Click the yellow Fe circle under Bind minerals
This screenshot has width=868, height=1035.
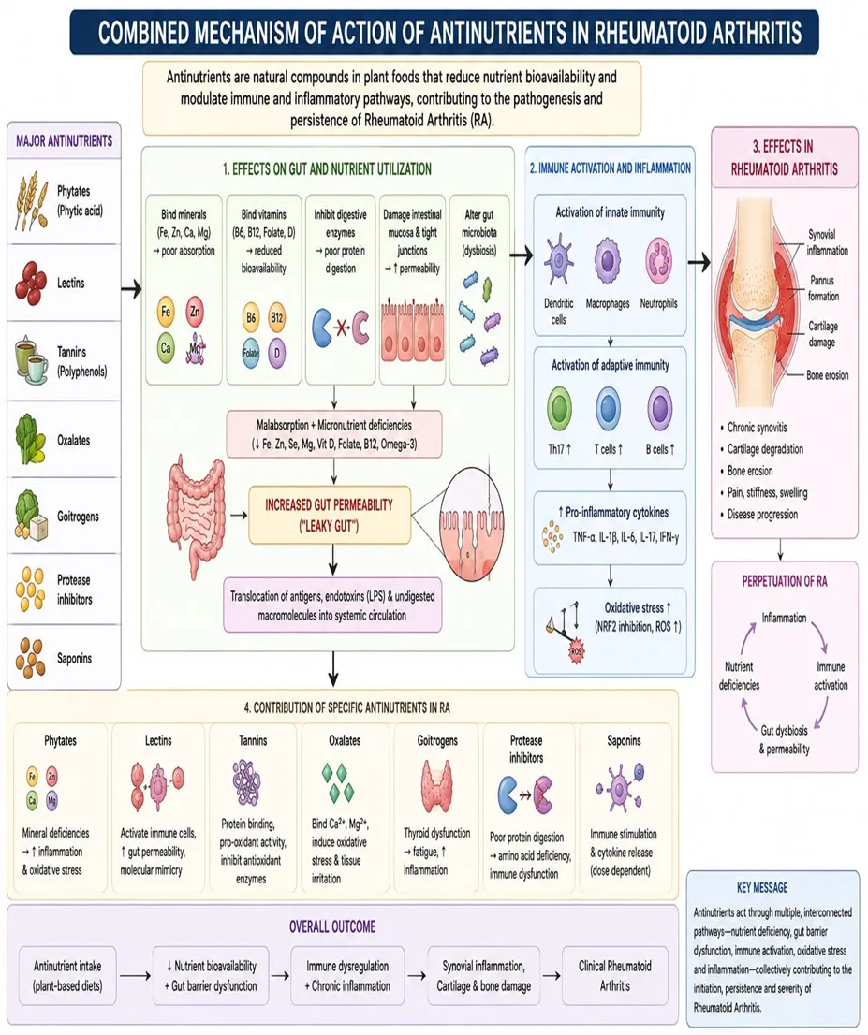(x=166, y=312)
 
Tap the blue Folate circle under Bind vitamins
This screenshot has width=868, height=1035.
(x=251, y=352)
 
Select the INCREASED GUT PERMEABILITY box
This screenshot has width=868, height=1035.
(x=330, y=516)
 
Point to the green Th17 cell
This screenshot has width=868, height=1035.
(x=560, y=408)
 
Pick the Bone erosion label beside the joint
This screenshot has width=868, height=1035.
(x=827, y=375)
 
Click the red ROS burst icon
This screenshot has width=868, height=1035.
(x=576, y=650)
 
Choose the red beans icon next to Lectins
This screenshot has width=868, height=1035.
(x=30, y=283)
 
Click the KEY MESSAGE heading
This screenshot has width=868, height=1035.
(x=761, y=888)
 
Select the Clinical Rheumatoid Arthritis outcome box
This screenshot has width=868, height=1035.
(x=614, y=976)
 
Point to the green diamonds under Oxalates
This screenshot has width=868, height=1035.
(x=338, y=783)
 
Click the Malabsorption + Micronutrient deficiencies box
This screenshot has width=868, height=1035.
(x=333, y=434)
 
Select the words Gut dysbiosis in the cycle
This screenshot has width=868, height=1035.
(x=784, y=730)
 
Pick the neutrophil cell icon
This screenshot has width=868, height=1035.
(x=658, y=261)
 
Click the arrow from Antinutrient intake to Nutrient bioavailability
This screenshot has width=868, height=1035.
(x=136, y=976)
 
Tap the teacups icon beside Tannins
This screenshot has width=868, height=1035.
(x=30, y=362)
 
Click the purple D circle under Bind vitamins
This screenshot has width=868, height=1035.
(x=277, y=353)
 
